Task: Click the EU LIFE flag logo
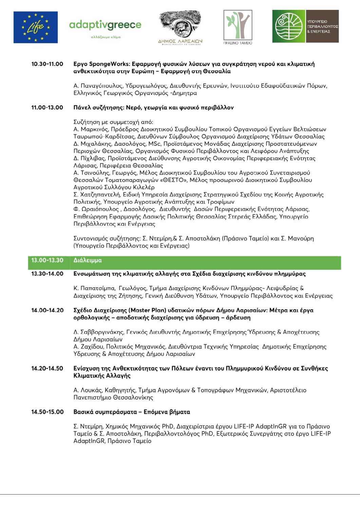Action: (x=36, y=27)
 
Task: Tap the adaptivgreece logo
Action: (x=105, y=27)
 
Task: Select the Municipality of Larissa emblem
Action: (x=180, y=27)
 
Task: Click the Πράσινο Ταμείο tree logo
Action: (x=238, y=27)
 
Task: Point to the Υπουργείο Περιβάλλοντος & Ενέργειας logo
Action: (x=305, y=26)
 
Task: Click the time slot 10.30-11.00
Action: (x=47, y=64)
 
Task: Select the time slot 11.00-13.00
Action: (x=47, y=108)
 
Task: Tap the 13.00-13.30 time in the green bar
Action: (x=47, y=260)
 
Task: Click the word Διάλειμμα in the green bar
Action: (x=88, y=261)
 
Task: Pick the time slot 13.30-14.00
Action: (x=47, y=274)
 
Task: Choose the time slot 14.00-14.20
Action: (x=47, y=310)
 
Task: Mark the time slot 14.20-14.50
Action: (x=47, y=368)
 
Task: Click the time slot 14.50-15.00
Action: (x=47, y=412)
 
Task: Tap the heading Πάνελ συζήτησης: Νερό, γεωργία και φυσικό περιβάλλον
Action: (x=153, y=108)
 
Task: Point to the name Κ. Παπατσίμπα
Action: (x=94, y=288)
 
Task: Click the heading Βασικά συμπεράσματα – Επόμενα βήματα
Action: (x=132, y=412)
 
